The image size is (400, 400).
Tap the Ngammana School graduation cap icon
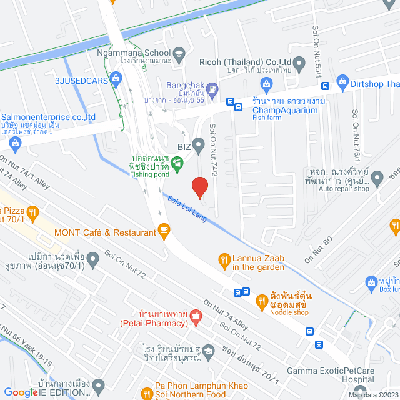(x=178, y=54)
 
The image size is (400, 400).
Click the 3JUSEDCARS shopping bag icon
(x=116, y=79)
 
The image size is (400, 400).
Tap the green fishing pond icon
(x=177, y=166)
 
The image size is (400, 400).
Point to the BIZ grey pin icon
(x=199, y=146)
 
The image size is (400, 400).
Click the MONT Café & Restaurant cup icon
(x=164, y=232)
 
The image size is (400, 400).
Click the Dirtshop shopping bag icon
(x=342, y=81)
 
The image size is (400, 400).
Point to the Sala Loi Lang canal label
(x=188, y=209)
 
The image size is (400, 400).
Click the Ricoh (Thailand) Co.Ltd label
(x=245, y=62)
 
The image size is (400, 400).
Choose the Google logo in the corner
(x=20, y=392)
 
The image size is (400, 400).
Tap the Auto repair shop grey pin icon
(x=377, y=179)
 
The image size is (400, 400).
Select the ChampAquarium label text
(x=285, y=110)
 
